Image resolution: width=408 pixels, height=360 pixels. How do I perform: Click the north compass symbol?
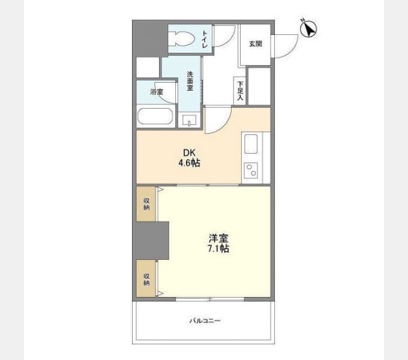[x=308, y=29]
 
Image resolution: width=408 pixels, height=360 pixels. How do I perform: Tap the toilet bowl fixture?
[x=182, y=39]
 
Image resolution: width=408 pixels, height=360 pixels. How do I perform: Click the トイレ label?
[x=205, y=39]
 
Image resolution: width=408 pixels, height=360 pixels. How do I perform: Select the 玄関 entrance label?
[x=256, y=44]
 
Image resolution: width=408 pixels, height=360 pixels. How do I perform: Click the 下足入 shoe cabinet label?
[x=240, y=91]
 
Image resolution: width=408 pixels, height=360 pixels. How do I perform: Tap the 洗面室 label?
[x=190, y=81]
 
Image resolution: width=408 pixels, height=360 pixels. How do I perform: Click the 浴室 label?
[x=157, y=92]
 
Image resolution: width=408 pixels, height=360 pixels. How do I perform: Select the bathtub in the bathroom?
[x=155, y=116]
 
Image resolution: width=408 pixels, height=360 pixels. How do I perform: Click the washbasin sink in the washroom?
[x=189, y=121]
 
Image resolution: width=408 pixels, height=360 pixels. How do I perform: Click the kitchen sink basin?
[x=251, y=143]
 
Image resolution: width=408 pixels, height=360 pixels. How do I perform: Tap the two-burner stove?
[x=251, y=170]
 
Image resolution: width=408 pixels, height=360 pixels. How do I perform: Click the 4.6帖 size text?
[x=189, y=163]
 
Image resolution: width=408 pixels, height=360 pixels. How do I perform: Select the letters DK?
[x=189, y=152]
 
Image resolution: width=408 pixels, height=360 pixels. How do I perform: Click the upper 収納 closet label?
[x=146, y=204]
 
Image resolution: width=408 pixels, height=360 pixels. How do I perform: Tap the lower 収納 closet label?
[x=146, y=280]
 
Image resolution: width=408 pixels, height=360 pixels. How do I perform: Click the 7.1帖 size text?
[x=218, y=248]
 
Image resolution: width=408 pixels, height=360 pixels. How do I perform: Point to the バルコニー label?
[x=205, y=320]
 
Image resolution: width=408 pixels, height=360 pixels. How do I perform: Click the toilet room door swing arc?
[x=230, y=40]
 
